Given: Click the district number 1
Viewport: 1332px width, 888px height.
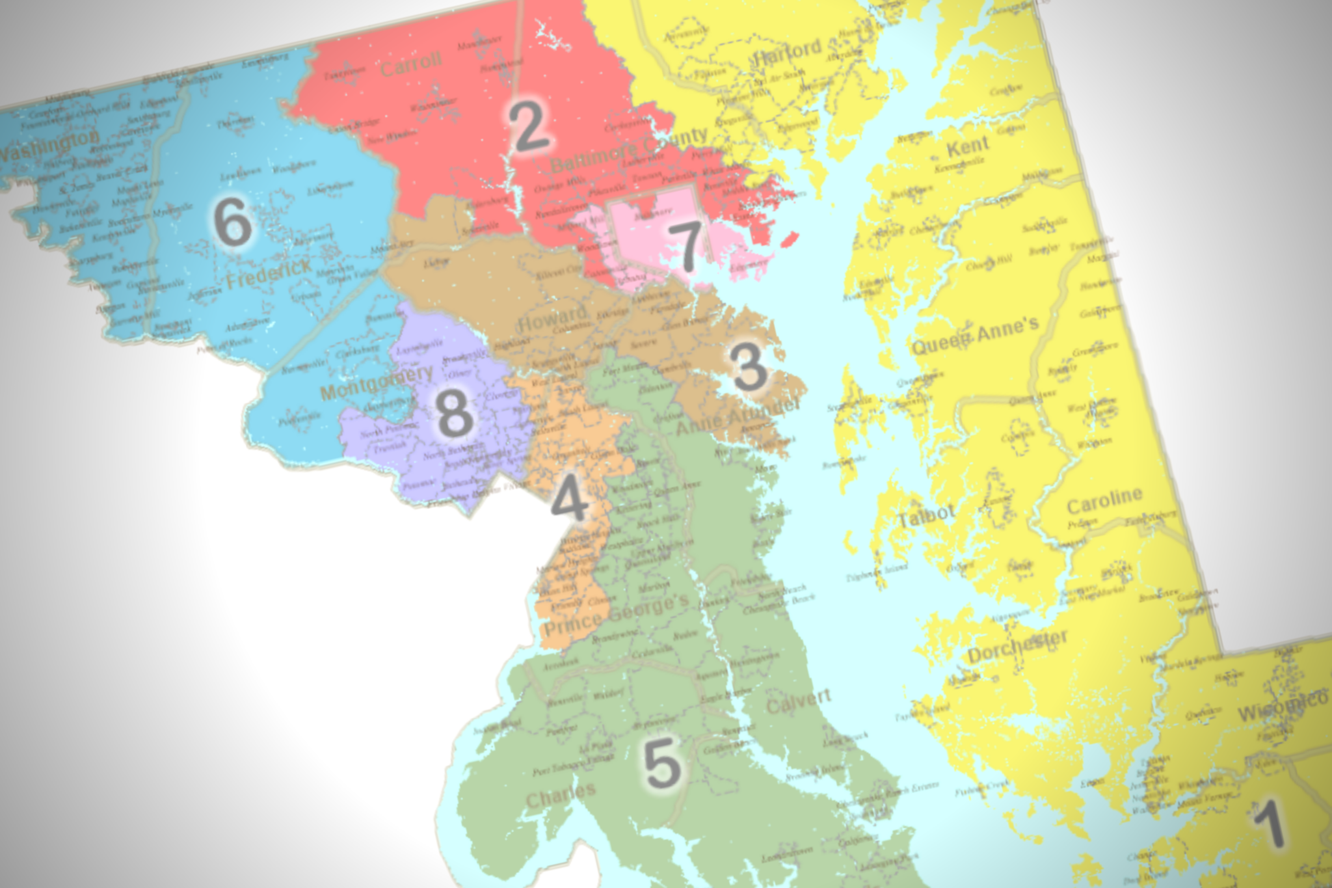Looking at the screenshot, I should click(1269, 824).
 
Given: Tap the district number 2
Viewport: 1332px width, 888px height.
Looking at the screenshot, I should click(529, 126).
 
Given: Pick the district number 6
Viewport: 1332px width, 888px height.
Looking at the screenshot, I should click(232, 222).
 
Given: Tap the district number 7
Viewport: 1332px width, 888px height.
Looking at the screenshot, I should click(685, 245).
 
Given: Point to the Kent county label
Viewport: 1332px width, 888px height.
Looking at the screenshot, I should click(968, 147).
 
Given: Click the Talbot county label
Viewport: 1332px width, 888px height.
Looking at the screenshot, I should click(926, 516).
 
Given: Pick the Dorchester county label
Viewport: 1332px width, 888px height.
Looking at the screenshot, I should click(1017, 645).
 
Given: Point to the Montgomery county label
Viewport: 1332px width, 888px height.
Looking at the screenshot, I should click(377, 383).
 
